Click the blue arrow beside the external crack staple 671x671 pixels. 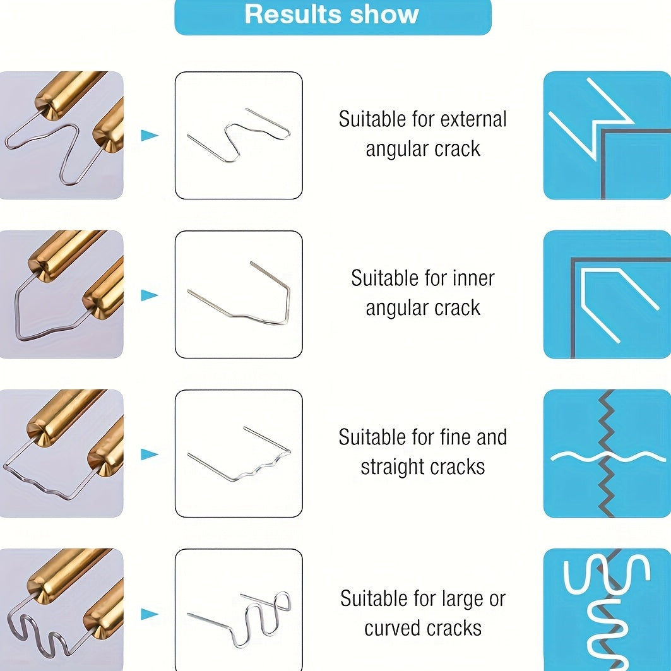(150, 135)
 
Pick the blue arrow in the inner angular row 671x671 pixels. (150, 295)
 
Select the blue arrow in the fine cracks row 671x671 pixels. (150, 454)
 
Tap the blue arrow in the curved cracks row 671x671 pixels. (150, 614)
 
